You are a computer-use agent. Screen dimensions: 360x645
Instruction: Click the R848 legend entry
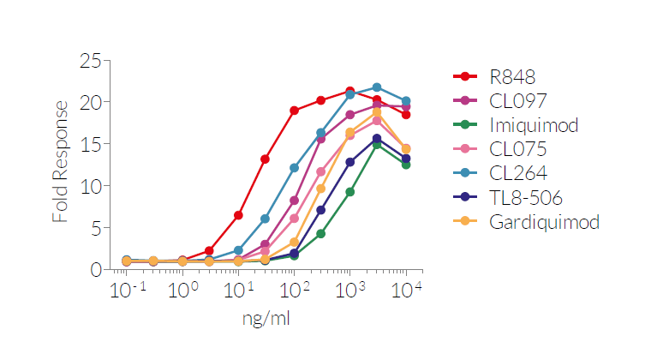pos(513,76)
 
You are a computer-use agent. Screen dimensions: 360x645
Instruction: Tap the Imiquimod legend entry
pos(534,125)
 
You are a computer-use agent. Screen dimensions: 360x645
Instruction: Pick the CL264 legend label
pos(518,174)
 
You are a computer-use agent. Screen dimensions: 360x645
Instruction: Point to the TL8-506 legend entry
pos(526,199)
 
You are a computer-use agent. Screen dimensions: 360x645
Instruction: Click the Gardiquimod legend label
pos(544,223)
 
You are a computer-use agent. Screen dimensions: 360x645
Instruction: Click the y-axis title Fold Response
pos(60,161)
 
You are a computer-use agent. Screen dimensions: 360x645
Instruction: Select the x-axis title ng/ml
pos(265,319)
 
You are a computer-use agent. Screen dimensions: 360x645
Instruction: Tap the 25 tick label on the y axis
pos(90,61)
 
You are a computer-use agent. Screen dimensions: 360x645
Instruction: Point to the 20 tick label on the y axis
pos(90,102)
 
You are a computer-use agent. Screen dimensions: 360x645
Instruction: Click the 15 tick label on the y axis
pos(90,144)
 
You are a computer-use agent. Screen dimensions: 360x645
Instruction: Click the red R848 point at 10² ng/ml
pos(294,111)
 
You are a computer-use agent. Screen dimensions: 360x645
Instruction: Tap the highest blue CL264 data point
pos(377,87)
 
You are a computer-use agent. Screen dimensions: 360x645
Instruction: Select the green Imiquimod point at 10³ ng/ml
pos(349,192)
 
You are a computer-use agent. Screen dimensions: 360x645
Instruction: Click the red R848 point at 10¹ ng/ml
pos(238,215)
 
